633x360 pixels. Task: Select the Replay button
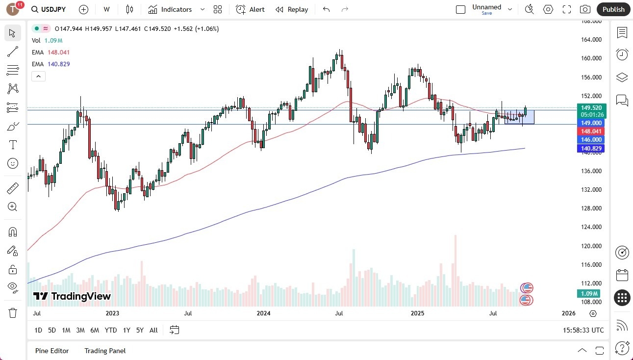[x=292, y=9]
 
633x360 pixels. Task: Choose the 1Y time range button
[x=127, y=330]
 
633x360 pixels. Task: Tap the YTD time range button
[x=111, y=330]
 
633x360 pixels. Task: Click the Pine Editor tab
[x=52, y=351]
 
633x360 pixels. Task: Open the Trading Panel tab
[x=105, y=351]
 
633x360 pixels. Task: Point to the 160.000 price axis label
[x=591, y=58]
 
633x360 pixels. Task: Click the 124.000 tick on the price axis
[x=591, y=227]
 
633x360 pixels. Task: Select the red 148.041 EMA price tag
[x=591, y=131]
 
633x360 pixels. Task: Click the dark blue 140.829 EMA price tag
[x=591, y=149]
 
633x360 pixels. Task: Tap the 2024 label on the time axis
[x=264, y=313]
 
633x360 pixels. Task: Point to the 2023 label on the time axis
[x=112, y=313]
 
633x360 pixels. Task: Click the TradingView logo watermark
[x=72, y=296]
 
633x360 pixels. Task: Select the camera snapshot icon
[x=585, y=9]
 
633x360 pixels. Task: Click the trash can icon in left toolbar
[x=13, y=313]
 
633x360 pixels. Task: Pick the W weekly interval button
[x=106, y=9]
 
